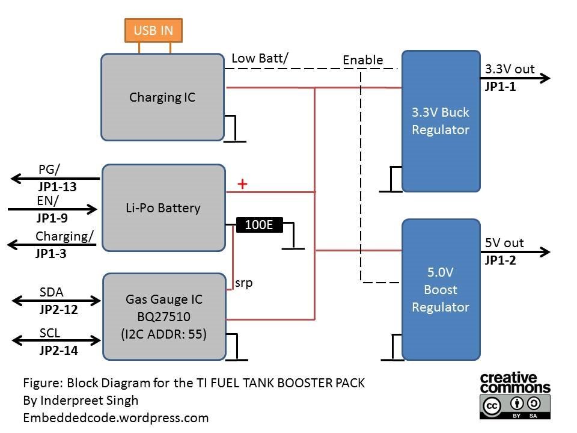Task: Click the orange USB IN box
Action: pos(153,30)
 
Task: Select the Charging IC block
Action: pos(162,97)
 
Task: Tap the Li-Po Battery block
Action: pos(163,208)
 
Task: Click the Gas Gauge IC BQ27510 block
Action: pos(163,317)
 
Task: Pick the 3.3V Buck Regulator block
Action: pos(441,121)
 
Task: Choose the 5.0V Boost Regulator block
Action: pos(441,289)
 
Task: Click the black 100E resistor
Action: pos(259,225)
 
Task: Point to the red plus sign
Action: pos(242,184)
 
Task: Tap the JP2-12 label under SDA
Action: pos(59,310)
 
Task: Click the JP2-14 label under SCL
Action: pos(59,350)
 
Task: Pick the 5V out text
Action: pos(504,243)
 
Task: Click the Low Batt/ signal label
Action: pos(260,58)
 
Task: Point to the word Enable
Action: pos(362,60)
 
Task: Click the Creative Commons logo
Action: pos(508,395)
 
